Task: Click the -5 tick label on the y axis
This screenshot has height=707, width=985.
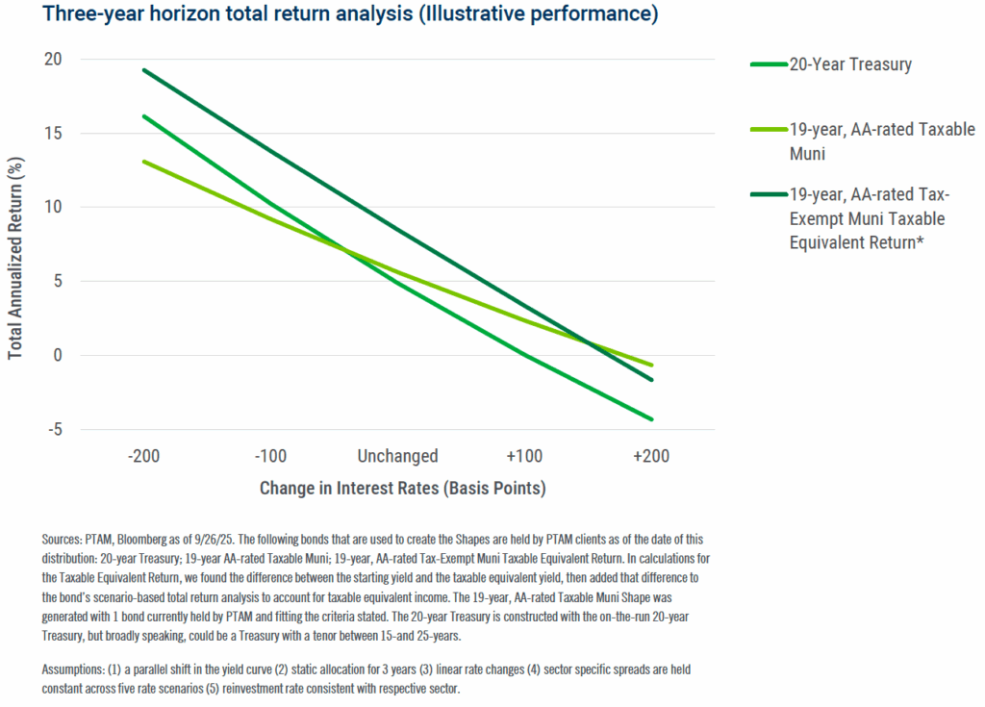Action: pos(52,430)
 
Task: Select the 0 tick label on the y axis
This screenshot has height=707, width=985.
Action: pos(55,356)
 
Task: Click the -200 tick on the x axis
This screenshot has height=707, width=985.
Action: pos(144,456)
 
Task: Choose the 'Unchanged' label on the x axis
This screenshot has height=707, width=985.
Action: pos(397,456)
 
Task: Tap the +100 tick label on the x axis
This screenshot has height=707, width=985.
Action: pos(524,456)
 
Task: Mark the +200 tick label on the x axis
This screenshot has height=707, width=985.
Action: pos(651,456)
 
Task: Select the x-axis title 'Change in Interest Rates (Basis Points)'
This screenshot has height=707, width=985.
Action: pos(402,489)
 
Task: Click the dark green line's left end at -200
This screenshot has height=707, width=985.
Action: pos(144,69)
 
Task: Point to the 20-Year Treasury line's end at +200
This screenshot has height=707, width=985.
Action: pos(652,419)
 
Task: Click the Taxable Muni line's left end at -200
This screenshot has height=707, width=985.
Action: pos(144,162)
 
